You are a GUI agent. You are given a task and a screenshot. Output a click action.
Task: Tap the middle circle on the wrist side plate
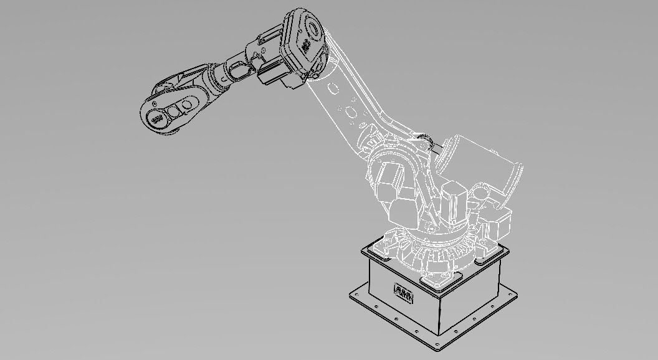[176, 108]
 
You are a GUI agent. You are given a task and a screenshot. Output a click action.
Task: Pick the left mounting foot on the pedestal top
[378, 249]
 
